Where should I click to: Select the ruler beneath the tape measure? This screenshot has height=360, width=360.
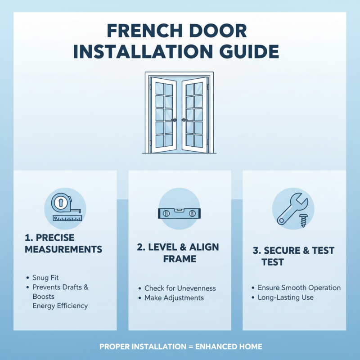point(67,218)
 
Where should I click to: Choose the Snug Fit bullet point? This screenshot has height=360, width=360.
point(45,278)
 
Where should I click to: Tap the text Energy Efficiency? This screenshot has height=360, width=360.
point(60,306)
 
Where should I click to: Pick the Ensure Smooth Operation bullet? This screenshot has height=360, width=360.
point(299,288)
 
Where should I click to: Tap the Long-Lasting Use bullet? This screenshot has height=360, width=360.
point(285,297)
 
